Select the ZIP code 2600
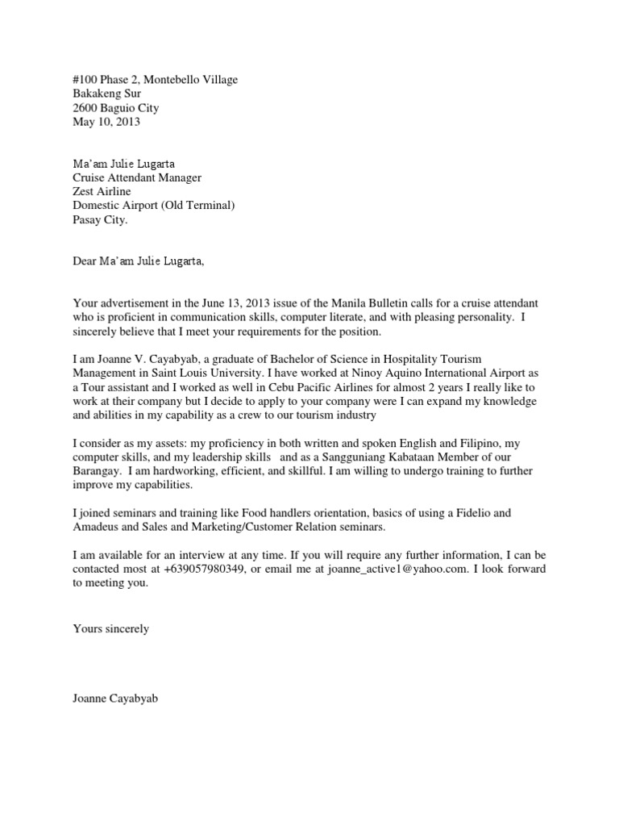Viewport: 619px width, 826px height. point(85,108)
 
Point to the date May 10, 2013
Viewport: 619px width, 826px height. point(106,123)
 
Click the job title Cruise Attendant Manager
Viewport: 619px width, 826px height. point(137,177)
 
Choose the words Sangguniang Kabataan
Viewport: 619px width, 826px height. point(376,457)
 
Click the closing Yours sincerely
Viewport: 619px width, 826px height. point(110,628)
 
